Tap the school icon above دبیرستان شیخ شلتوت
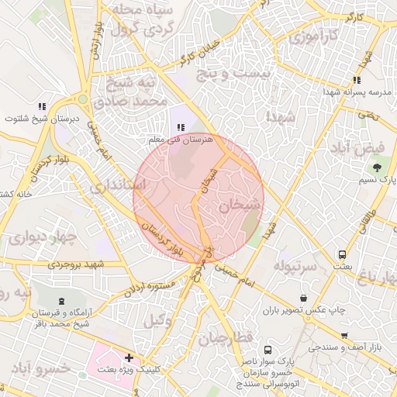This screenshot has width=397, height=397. tap(42, 106)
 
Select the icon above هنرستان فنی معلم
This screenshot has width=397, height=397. tap(180, 127)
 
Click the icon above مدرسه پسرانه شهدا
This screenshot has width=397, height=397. tap(357, 80)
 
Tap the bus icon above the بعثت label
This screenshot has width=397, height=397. tap(342, 254)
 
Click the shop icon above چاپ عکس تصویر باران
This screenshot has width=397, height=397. tap(302, 297)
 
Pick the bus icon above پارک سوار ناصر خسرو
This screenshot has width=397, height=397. tap(268, 350)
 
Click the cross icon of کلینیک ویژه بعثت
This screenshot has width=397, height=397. tap(129, 358)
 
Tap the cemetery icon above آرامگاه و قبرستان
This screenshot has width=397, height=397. tap(61, 299)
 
